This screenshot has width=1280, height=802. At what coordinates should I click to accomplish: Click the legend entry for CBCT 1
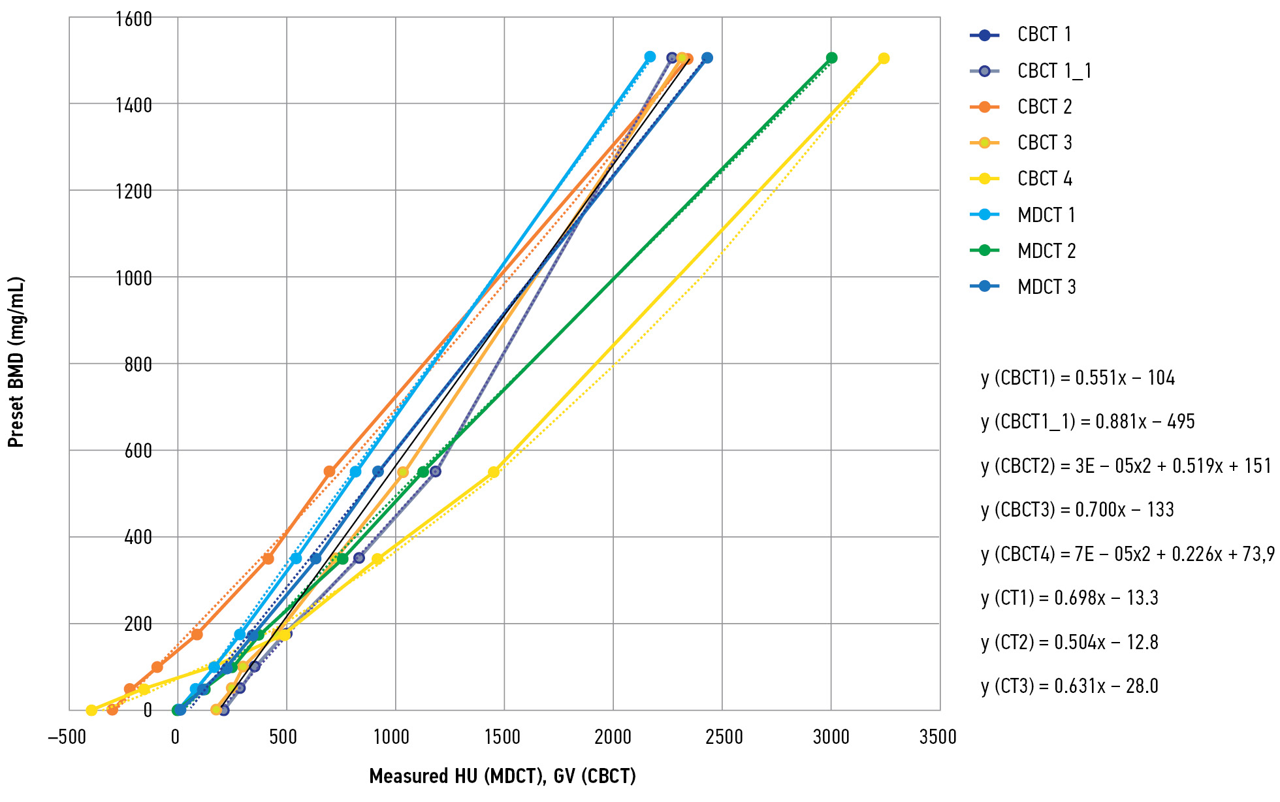coord(1044,35)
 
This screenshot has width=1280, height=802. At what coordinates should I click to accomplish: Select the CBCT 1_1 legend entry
coord(1053,71)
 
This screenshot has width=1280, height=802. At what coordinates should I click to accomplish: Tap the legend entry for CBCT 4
coord(1044,178)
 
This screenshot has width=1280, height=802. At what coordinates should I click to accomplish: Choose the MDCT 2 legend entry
coord(1046,251)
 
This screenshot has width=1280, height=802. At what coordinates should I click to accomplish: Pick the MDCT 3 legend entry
coord(1046,287)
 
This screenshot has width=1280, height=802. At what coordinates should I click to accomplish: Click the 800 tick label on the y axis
coord(138,364)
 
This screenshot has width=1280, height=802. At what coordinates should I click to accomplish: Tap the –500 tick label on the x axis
coord(67,737)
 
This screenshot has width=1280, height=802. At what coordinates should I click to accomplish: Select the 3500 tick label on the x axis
coord(938,737)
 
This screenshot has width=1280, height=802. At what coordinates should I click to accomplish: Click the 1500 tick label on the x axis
coord(502,737)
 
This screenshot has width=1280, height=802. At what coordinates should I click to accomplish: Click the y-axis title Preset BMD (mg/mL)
coord(16,362)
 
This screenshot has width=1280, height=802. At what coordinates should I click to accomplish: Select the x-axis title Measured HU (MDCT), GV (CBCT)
coord(502,776)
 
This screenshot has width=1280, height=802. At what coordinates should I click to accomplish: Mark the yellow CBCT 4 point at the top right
coord(884,59)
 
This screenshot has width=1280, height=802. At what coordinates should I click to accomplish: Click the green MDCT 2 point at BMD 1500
coord(831,58)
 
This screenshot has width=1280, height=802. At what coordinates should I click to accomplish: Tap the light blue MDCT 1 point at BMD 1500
coord(650,57)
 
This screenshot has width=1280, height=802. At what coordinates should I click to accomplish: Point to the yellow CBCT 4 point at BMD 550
coord(494,472)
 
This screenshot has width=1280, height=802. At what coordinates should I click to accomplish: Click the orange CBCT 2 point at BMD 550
coord(330,472)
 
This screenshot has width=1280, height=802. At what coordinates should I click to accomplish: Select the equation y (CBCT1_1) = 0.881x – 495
coord(1087,422)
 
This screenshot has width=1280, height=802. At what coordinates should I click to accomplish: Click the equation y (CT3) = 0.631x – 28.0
coord(1069,686)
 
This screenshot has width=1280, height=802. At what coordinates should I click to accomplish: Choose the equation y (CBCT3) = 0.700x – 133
coord(1077,510)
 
